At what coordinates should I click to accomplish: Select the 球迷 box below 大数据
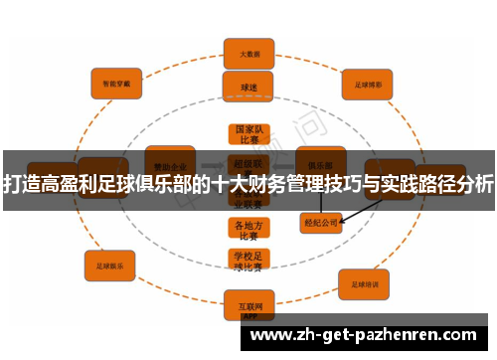(248, 87)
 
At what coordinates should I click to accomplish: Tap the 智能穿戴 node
(116, 85)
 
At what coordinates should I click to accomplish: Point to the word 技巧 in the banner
(348, 184)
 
